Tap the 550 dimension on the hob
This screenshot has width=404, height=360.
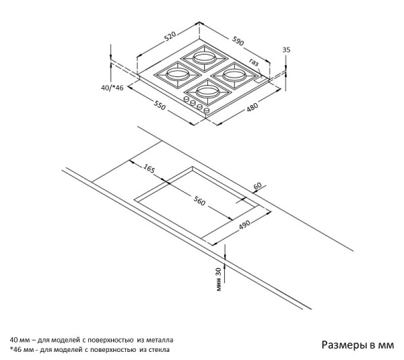(x=160, y=106)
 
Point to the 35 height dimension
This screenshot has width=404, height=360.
(x=287, y=50)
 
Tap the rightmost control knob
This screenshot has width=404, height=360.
(x=207, y=110)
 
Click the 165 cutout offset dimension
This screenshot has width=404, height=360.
(x=149, y=168)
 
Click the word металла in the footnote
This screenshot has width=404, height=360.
(x=160, y=340)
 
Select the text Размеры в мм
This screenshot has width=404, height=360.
(x=356, y=345)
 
